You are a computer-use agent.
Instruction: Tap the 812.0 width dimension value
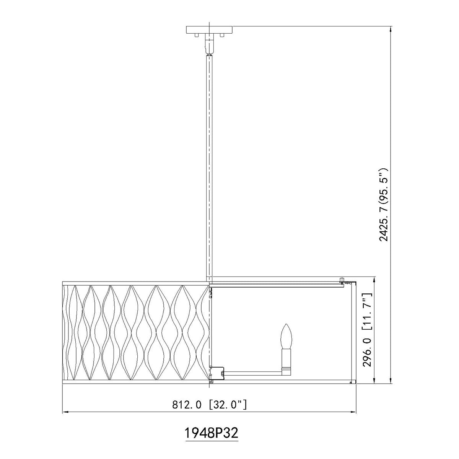[x=187, y=404]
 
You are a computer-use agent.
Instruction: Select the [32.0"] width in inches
[x=228, y=404]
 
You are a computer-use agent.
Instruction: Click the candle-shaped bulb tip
[x=286, y=324]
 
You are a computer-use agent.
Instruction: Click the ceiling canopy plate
[x=209, y=30]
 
